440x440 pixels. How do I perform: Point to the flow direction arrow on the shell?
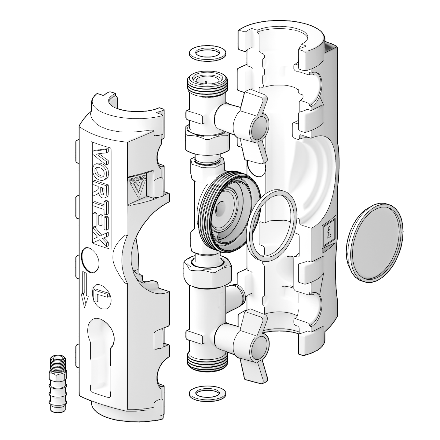click(84, 290)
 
